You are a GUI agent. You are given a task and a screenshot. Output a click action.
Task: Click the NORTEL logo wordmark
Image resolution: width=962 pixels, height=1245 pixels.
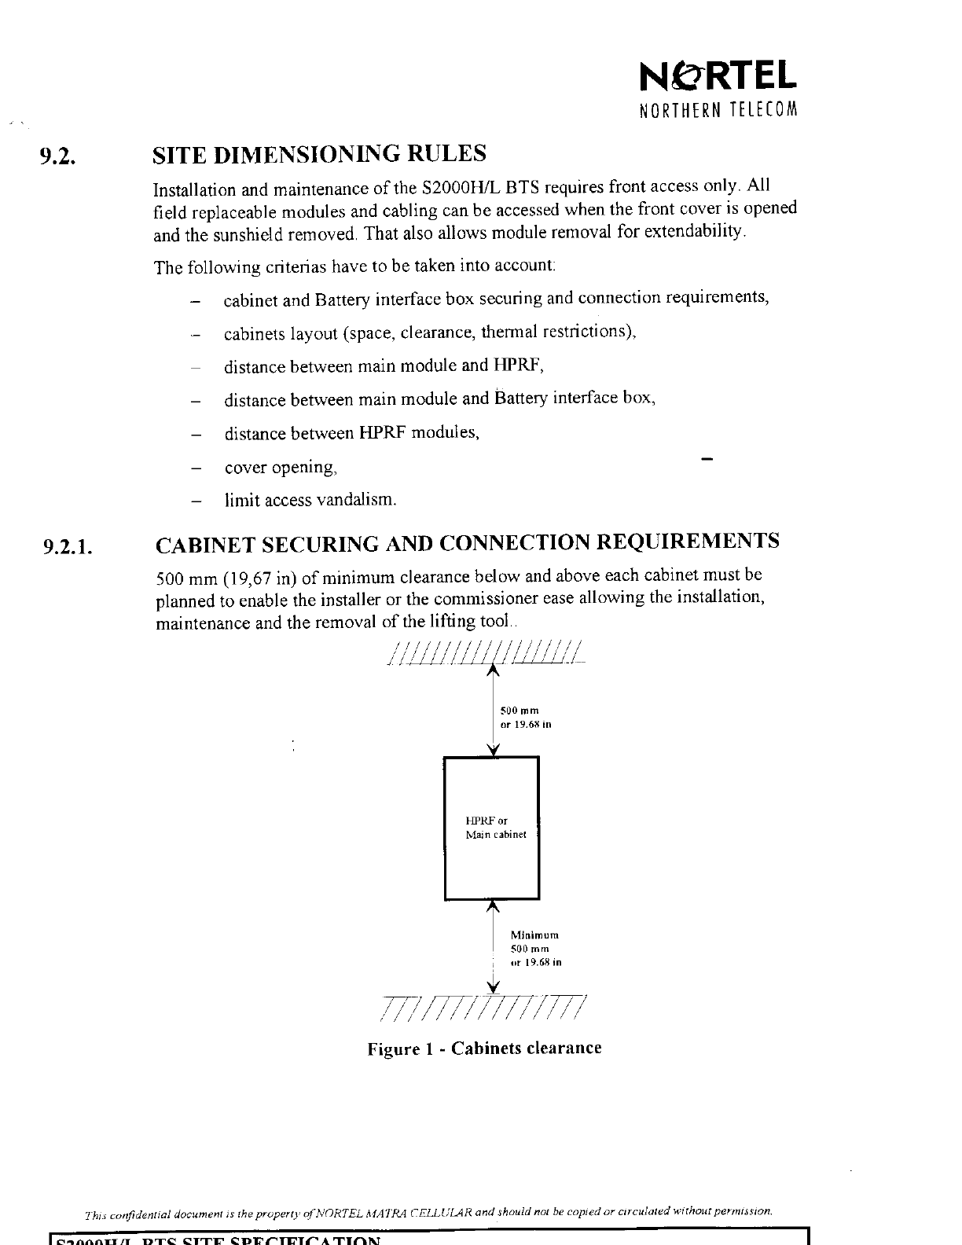(x=718, y=75)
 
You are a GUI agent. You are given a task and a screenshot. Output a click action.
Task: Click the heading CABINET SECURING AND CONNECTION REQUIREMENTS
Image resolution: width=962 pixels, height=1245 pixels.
(x=468, y=542)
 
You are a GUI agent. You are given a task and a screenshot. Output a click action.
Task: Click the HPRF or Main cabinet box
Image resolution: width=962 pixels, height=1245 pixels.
(x=492, y=828)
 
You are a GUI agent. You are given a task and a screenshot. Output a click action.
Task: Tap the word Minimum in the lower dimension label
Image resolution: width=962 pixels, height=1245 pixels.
(x=534, y=935)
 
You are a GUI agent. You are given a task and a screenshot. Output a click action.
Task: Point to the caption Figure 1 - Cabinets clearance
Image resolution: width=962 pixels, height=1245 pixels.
(x=484, y=1049)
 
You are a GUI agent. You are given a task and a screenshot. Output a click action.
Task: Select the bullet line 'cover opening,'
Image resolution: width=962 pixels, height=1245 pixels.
(x=281, y=468)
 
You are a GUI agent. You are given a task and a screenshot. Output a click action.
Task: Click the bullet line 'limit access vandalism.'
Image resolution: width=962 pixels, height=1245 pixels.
(x=310, y=500)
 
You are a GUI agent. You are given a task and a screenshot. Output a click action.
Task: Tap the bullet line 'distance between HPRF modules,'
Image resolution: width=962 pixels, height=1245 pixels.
(x=351, y=433)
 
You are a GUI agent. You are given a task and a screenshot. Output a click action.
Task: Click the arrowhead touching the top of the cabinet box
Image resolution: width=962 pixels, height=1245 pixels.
(x=493, y=751)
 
